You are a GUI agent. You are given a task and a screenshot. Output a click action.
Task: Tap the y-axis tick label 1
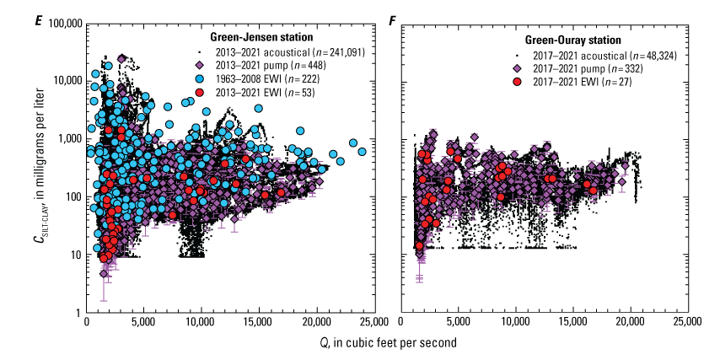(x=78, y=313)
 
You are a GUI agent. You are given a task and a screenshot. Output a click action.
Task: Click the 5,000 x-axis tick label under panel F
(x=458, y=323)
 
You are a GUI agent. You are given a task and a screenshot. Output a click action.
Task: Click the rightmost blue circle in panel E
(x=362, y=152)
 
